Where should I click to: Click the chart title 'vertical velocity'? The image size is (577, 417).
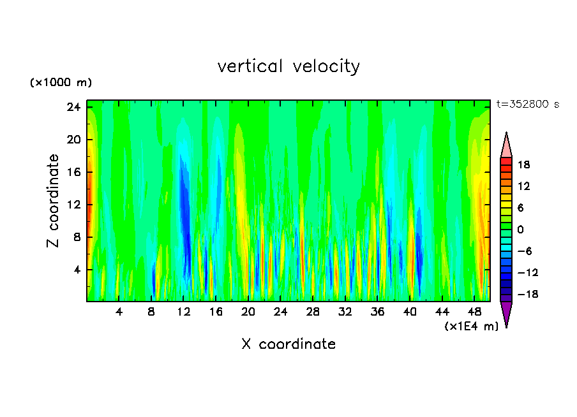click(288, 66)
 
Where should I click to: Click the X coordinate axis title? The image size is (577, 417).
click(288, 344)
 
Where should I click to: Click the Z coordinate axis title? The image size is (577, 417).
click(54, 201)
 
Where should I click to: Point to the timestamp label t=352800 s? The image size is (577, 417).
click(527, 105)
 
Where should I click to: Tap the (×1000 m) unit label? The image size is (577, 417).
click(61, 83)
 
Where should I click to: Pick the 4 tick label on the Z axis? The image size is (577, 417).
click(79, 270)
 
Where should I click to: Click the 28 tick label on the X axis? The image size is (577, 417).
click(313, 312)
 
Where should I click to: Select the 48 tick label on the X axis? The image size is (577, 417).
click(474, 312)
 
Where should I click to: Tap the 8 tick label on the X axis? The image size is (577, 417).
click(151, 312)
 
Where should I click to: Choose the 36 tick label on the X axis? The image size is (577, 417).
click(378, 312)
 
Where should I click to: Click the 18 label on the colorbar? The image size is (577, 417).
click(523, 164)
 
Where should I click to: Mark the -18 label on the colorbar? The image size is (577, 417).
click(521, 295)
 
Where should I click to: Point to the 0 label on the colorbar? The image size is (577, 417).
click(520, 229)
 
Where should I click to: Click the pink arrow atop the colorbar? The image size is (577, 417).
click(506, 145)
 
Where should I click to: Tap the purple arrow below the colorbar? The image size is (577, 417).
click(506, 313)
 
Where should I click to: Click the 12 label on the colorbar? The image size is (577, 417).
click(523, 186)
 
